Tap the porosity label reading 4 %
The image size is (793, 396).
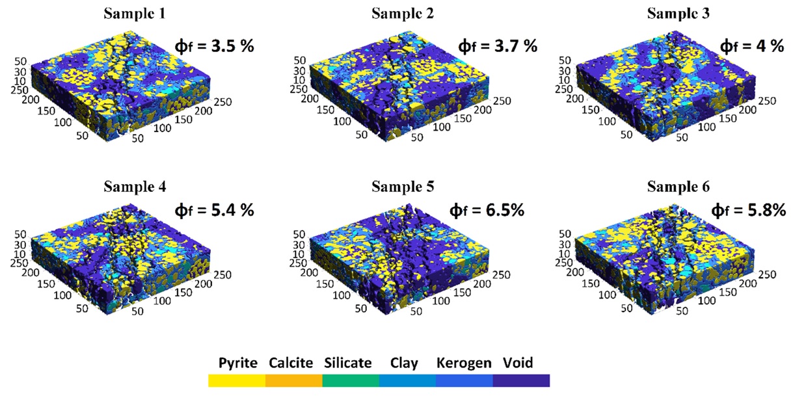click(751, 46)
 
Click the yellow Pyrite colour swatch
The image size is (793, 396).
click(237, 380)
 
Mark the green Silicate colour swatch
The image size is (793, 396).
click(351, 380)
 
